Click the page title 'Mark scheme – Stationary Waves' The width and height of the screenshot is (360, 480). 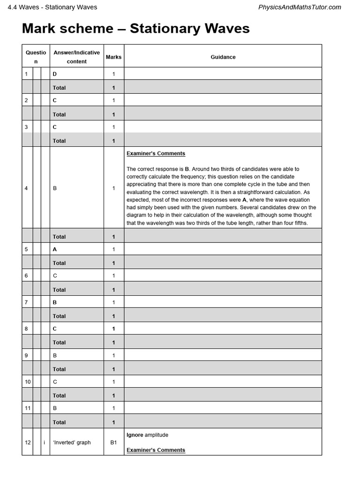(x=135, y=29)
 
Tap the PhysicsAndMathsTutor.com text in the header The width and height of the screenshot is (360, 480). (x=300, y=7)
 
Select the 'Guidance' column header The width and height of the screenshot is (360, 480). (x=223, y=57)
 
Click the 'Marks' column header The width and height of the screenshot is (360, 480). (x=113, y=57)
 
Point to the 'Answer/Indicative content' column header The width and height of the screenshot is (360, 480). (x=76, y=57)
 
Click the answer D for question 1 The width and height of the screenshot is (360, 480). (x=55, y=74)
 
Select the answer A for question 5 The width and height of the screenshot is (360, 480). (x=55, y=249)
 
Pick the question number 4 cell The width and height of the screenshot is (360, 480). (x=26, y=188)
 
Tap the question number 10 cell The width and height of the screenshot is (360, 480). (x=28, y=382)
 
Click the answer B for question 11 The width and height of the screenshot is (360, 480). (x=55, y=408)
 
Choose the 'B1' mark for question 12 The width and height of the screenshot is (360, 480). (x=113, y=442)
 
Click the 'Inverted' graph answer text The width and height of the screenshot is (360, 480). (x=72, y=442)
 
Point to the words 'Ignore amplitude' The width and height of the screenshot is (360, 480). (x=147, y=435)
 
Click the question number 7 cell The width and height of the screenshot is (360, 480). (x=26, y=302)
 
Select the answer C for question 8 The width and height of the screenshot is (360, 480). (x=55, y=329)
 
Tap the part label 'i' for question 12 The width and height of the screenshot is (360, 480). (x=44, y=442)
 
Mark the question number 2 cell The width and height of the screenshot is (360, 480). (x=26, y=100)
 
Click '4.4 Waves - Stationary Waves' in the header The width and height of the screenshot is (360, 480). (x=52, y=7)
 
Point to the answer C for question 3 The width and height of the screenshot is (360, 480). (x=55, y=127)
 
